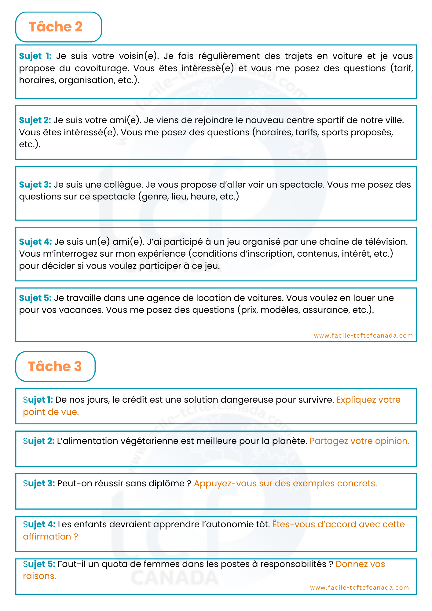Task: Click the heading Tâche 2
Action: (x=56, y=27)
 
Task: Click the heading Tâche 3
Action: (x=55, y=366)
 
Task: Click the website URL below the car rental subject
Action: (x=363, y=335)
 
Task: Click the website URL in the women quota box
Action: (x=359, y=587)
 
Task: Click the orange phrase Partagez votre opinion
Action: (x=359, y=441)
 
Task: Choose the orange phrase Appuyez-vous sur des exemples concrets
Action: (x=285, y=484)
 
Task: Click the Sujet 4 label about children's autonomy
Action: (x=39, y=525)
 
